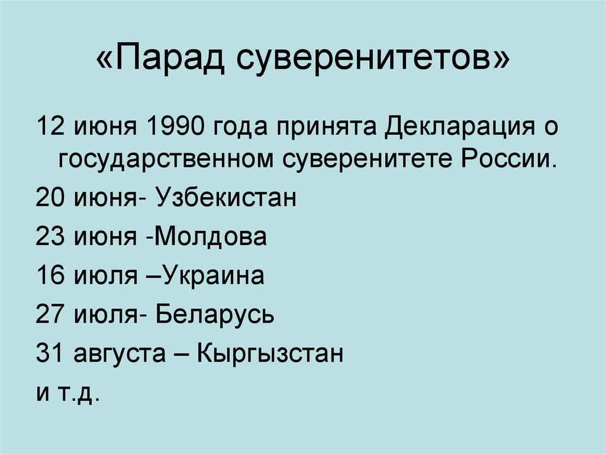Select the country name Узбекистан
click(225, 197)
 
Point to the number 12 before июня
click(49, 128)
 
